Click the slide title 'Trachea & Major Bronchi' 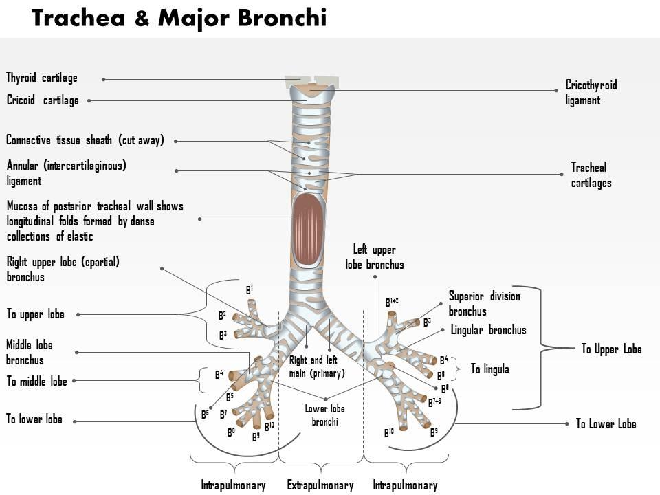179,19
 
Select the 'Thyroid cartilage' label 42,78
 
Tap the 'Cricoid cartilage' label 43,101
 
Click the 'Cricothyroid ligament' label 591,93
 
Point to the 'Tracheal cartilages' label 591,175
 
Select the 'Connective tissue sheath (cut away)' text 85,141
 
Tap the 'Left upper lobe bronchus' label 375,257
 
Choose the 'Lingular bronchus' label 488,330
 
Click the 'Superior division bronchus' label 484,304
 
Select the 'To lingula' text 489,369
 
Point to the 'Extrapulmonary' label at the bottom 320,486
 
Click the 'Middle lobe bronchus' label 30,353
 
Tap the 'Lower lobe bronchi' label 324,415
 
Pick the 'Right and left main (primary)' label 316,366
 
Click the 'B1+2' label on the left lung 392,302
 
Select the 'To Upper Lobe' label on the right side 611,349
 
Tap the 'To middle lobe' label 37,382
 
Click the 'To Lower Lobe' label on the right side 606,424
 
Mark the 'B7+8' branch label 434,402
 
